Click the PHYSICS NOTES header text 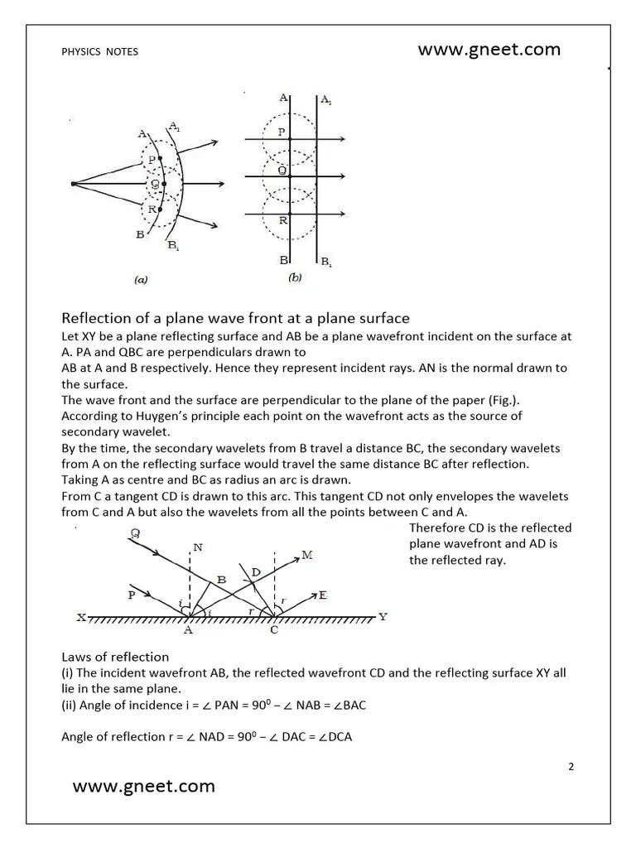point(99,51)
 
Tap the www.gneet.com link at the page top point(489,50)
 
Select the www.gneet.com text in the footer point(143,787)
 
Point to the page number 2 point(571,766)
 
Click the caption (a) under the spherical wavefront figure point(141,280)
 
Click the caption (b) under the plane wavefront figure point(295,278)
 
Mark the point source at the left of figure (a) point(74,183)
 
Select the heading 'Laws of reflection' point(115,658)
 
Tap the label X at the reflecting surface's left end point(81,618)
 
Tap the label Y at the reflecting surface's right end point(383,617)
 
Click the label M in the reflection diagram point(307,555)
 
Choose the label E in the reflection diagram point(321,595)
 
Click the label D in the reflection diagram point(256,572)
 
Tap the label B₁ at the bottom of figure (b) point(326,263)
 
